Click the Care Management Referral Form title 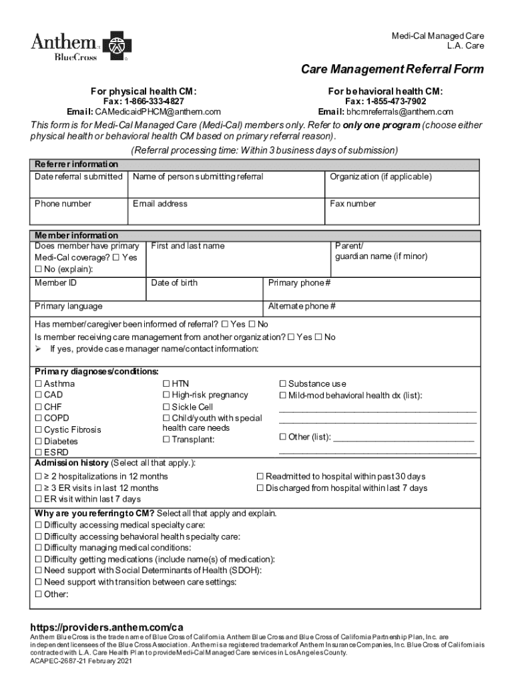click(x=392, y=69)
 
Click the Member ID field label click(x=55, y=283)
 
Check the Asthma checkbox click(x=38, y=384)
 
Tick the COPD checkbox click(x=38, y=418)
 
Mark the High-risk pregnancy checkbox click(x=166, y=395)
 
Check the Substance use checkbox click(x=282, y=384)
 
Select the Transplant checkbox click(x=166, y=440)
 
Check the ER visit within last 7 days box click(x=38, y=500)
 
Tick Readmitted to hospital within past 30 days click(x=260, y=477)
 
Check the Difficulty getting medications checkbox click(x=38, y=560)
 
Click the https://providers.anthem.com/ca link click(x=107, y=627)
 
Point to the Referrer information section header click(x=76, y=164)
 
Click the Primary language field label click(x=69, y=306)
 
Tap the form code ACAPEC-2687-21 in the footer click(x=58, y=661)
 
